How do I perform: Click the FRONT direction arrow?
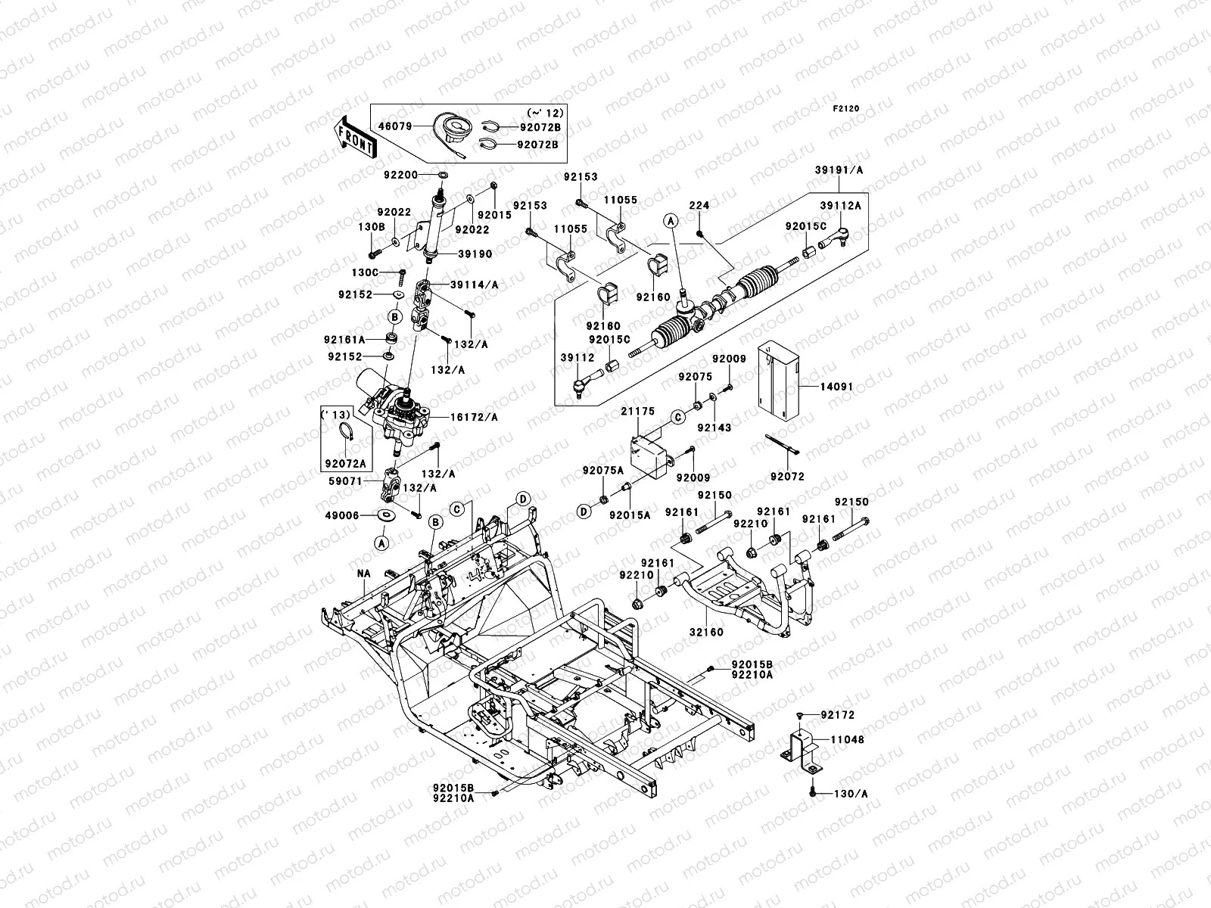tap(356, 136)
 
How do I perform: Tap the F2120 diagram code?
tap(846, 109)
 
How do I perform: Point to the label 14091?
tap(837, 387)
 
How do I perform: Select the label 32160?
tap(706, 632)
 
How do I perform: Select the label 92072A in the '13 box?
tap(344, 463)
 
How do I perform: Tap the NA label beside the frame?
tap(364, 574)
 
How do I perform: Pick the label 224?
tap(699, 205)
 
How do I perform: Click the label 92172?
tap(838, 715)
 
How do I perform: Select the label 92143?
tap(714, 428)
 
